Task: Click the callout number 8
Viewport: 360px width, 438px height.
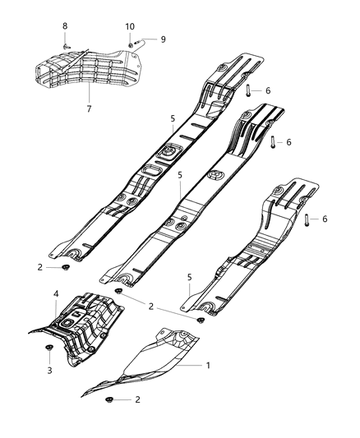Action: [x=65, y=27]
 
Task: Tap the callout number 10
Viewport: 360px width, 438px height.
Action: [x=130, y=27]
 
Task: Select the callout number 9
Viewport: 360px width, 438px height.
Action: [x=163, y=39]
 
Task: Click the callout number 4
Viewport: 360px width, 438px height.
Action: [x=55, y=293]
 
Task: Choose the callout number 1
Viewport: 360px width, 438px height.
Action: [x=208, y=364]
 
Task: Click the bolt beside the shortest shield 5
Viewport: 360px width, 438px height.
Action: [x=307, y=219]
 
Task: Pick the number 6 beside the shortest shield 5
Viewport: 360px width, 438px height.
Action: [x=325, y=219]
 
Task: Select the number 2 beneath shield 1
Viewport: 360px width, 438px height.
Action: [x=136, y=399]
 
